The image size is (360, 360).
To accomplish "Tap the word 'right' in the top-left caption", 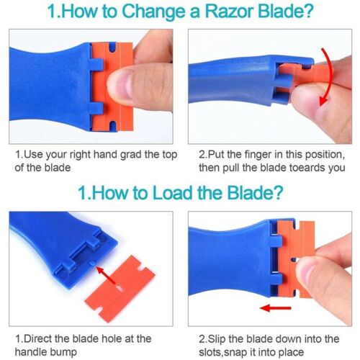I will tap(84, 154).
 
